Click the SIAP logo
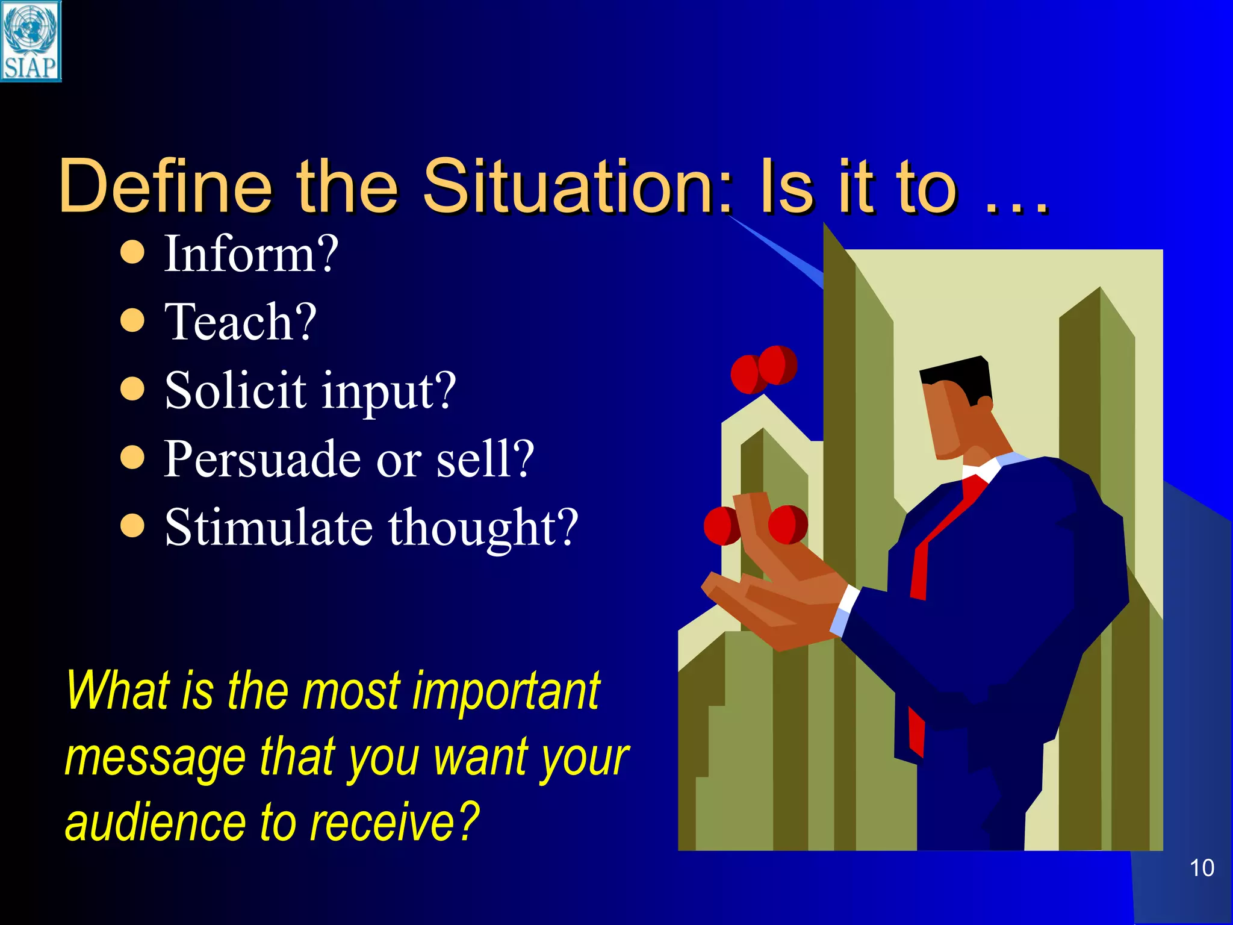pyautogui.click(x=30, y=41)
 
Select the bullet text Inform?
pyautogui.click(x=251, y=254)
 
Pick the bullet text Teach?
pyautogui.click(x=240, y=322)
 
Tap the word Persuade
pyautogui.click(x=262, y=459)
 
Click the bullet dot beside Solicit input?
pyautogui.click(x=132, y=389)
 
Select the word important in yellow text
pyautogui.click(x=506, y=691)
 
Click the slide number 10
pyautogui.click(x=1202, y=868)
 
